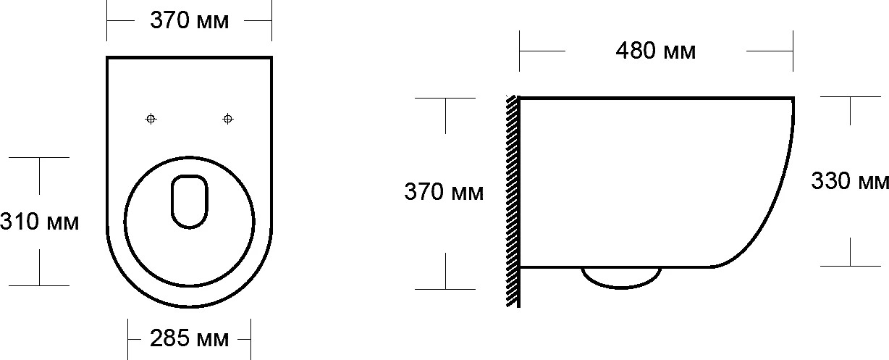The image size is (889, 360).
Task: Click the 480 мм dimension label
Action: coord(656,51)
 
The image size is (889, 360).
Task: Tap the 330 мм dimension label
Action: coord(850,181)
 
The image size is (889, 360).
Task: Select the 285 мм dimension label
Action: coord(189,338)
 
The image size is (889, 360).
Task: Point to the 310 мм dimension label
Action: coord(39,222)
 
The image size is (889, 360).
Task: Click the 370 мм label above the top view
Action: coord(189,20)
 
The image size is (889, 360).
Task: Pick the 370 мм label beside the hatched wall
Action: coord(444,192)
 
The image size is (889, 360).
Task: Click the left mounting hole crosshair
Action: coord(151,119)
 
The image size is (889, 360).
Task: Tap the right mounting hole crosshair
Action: coord(228,119)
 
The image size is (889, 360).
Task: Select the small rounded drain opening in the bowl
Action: coord(190,201)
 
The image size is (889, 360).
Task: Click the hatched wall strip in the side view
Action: coord(513,201)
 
